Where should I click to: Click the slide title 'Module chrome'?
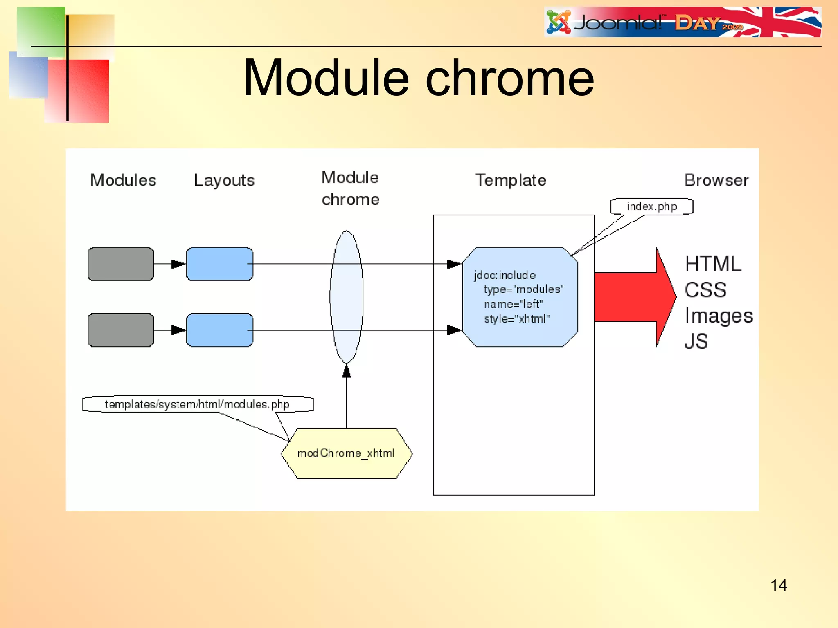click(418, 78)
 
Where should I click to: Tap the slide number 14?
click(778, 585)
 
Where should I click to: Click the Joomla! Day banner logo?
click(682, 22)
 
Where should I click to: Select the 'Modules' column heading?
click(123, 180)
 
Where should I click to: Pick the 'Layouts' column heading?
click(224, 180)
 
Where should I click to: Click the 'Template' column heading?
click(511, 180)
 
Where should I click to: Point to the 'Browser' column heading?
click(716, 180)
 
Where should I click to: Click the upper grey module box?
click(121, 264)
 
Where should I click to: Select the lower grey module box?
click(121, 330)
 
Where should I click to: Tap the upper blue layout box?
click(220, 264)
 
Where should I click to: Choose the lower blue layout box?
click(220, 330)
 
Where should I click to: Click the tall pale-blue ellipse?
click(347, 297)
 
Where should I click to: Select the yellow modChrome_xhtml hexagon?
click(347, 453)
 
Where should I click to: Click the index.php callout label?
click(651, 206)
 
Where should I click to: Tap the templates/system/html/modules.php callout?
click(197, 404)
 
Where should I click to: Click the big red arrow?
click(634, 297)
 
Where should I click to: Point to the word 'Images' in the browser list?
click(719, 316)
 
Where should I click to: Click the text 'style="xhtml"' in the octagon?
click(516, 319)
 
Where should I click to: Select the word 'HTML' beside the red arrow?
click(713, 264)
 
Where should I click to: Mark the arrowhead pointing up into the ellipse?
click(347, 371)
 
